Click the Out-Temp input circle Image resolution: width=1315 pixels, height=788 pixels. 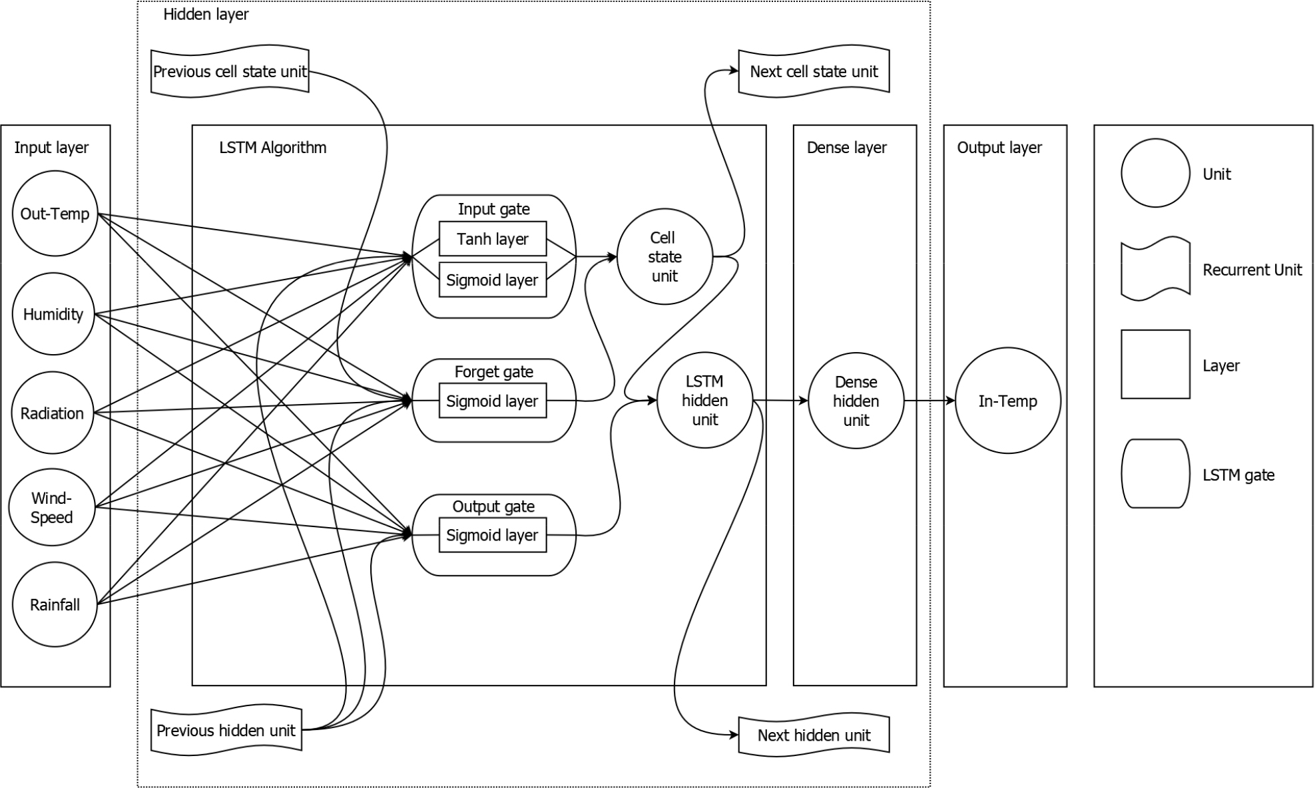pyautogui.click(x=55, y=214)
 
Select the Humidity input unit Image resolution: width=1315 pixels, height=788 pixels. pyautogui.click(x=53, y=314)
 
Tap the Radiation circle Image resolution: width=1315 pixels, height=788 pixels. pyautogui.click(x=53, y=413)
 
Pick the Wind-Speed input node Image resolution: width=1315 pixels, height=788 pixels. pyautogui.click(x=51, y=508)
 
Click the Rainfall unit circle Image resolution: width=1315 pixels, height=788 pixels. pyautogui.click(x=55, y=604)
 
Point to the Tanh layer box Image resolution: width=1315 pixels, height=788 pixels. pyautogui.click(x=493, y=239)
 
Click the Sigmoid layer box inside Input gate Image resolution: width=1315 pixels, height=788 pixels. pyautogui.click(x=493, y=280)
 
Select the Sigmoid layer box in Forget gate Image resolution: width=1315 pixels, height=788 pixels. pyautogui.click(x=493, y=401)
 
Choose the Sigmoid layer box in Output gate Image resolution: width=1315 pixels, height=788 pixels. pyautogui.click(x=493, y=535)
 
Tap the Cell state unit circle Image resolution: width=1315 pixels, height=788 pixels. pyautogui.click(x=664, y=257)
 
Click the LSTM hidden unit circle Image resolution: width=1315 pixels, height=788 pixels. pyautogui.click(x=704, y=401)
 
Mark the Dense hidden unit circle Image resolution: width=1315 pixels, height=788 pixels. pyautogui.click(x=856, y=401)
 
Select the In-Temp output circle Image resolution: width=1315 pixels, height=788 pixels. pyautogui.click(x=1007, y=401)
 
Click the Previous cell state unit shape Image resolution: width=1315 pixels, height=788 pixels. pyautogui.click(x=230, y=72)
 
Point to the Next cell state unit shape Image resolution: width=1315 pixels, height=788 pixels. pyautogui.click(x=814, y=72)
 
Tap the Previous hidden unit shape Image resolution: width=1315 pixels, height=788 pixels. pyautogui.click(x=226, y=730)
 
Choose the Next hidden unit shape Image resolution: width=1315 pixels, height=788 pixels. pyautogui.click(x=814, y=735)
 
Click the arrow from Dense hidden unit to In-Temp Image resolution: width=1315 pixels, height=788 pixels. pyautogui.click(x=929, y=401)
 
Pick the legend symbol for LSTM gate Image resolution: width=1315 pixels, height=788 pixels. pyautogui.click(x=1155, y=474)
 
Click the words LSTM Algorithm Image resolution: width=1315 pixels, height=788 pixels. pyautogui.click(x=273, y=148)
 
